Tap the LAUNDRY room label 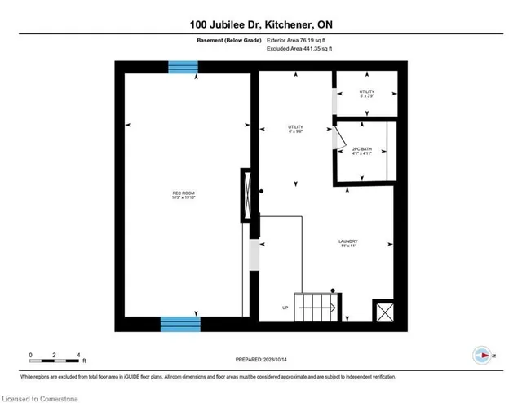click(x=349, y=243)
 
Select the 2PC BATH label click(x=361, y=151)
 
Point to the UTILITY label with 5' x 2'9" click(x=367, y=94)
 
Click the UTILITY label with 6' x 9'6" click(x=295, y=129)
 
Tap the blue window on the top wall click(x=183, y=68)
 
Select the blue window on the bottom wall click(x=179, y=324)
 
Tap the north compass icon click(x=483, y=356)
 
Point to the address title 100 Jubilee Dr click(x=261, y=27)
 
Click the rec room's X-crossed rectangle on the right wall click(x=246, y=195)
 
